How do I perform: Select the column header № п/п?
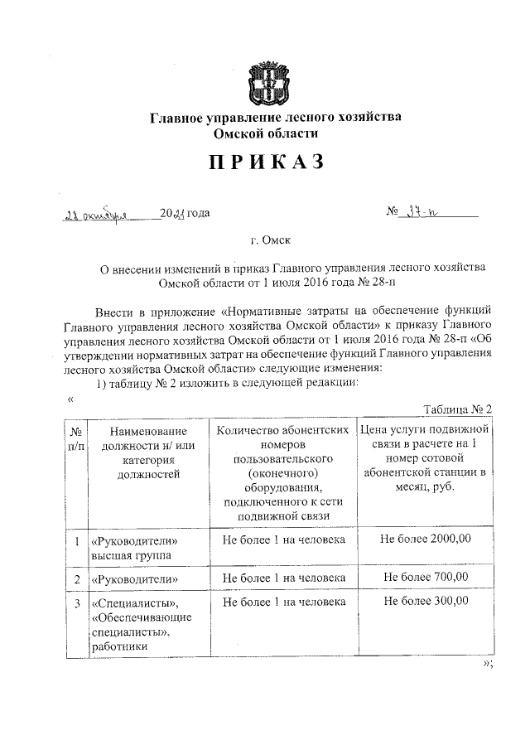75,438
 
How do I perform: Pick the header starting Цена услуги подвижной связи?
424,459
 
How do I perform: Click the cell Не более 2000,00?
424,539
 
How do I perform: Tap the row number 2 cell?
76,578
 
